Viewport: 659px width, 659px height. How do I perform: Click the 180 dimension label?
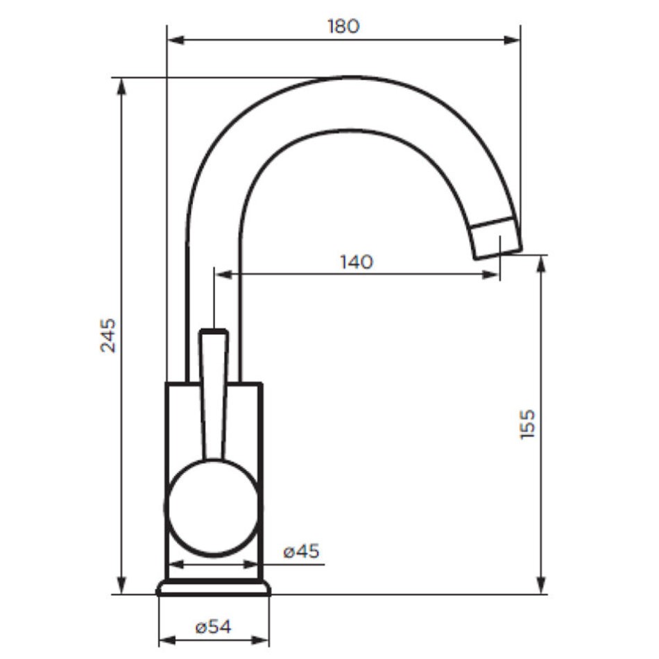click(343, 26)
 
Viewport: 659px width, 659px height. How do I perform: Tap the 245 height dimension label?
click(108, 335)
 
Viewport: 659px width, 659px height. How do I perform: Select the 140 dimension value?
click(357, 262)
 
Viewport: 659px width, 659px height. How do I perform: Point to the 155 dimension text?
click(527, 424)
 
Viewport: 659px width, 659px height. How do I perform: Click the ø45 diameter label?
click(301, 551)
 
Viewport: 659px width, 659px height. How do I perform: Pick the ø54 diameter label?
click(213, 628)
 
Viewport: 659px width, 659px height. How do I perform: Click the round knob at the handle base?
click(213, 507)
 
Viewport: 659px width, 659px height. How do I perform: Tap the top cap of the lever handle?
click(214, 332)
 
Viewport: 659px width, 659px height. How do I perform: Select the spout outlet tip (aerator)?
click(496, 239)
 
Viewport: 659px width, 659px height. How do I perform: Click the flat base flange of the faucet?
click(214, 588)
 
